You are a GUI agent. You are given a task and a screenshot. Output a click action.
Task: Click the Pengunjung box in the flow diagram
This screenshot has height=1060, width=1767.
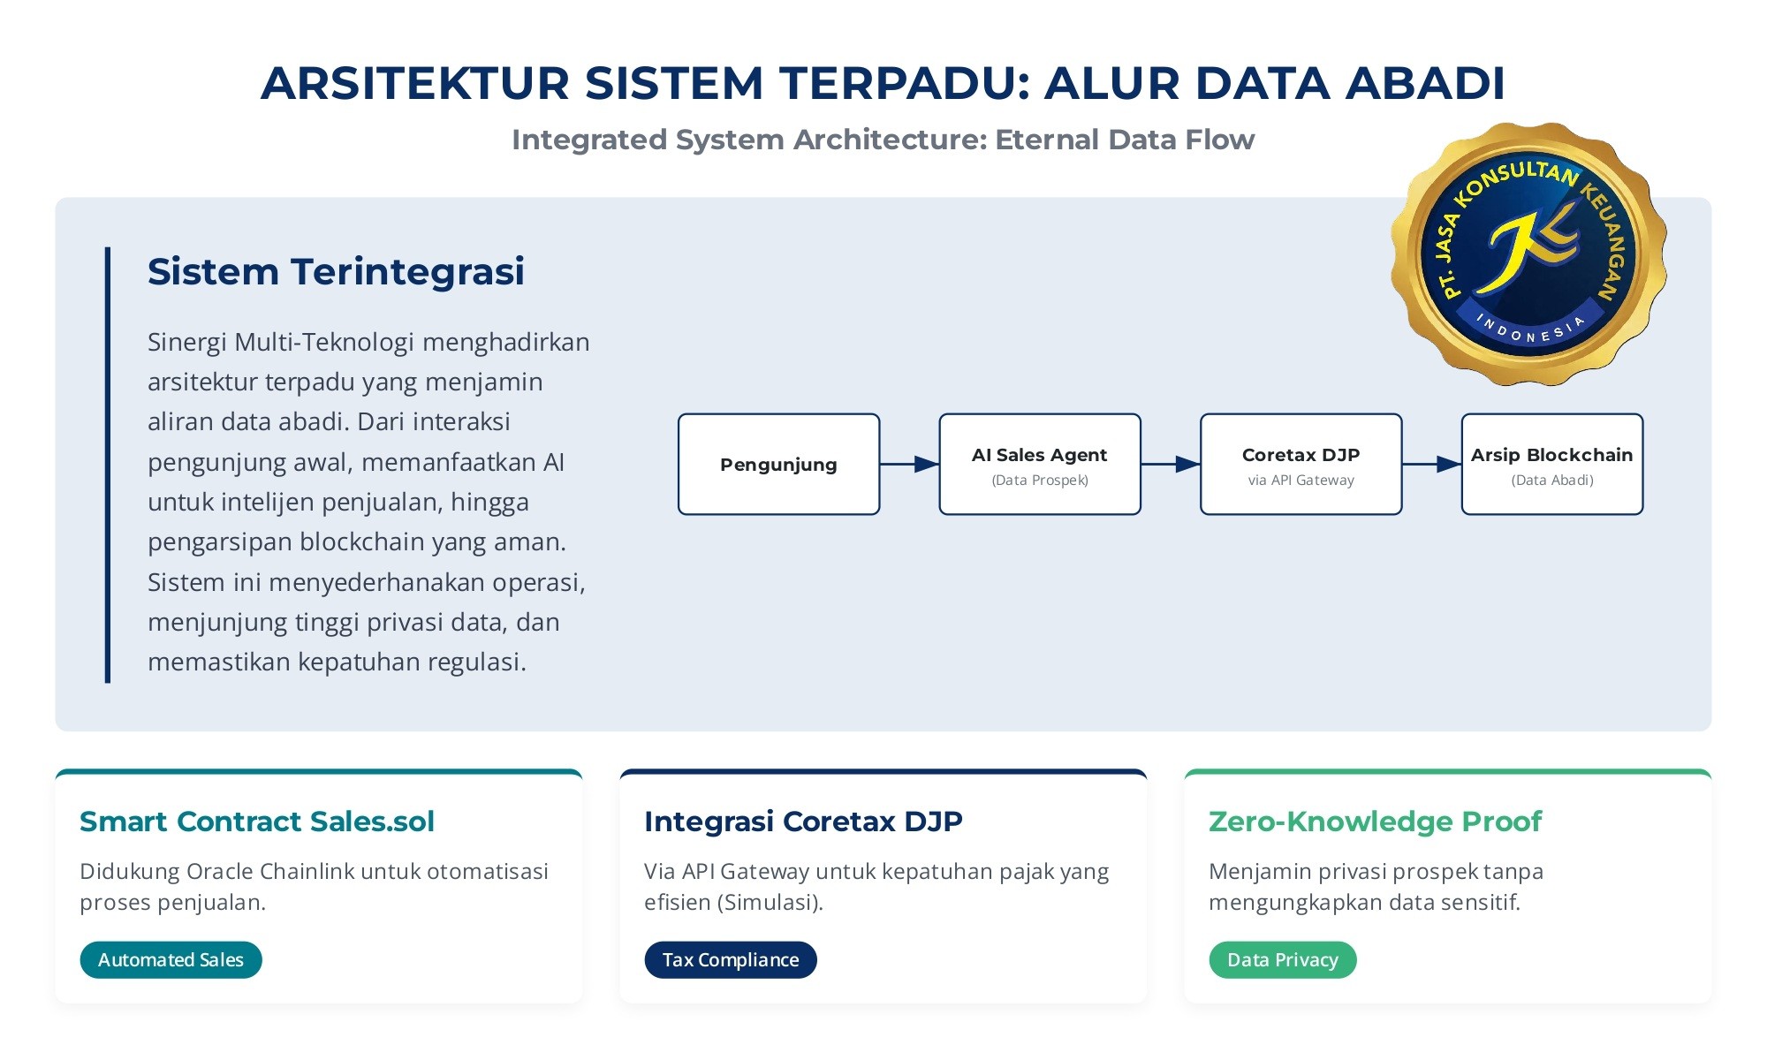coord(778,464)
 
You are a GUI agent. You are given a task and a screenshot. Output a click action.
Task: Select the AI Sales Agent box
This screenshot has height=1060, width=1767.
coord(1040,464)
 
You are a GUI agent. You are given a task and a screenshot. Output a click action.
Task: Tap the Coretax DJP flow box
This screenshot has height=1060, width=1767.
coord(1301,464)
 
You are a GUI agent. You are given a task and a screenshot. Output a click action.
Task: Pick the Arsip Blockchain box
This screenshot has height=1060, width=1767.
coord(1552,464)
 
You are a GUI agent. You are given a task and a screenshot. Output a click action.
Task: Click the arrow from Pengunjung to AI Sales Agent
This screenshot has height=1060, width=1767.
coord(909,464)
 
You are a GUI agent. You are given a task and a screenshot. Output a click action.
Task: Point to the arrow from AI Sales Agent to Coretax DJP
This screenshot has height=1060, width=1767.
coord(1171,464)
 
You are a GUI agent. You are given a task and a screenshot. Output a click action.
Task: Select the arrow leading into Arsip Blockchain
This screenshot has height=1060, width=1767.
coord(1431,464)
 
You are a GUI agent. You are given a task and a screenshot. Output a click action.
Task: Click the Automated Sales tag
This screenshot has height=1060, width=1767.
coord(171,959)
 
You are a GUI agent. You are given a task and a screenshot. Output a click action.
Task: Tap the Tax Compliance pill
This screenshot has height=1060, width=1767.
coord(731,959)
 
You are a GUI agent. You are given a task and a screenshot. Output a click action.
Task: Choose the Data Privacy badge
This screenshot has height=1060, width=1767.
coord(1282,959)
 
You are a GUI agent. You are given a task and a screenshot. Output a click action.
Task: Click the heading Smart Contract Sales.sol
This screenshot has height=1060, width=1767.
coord(257,821)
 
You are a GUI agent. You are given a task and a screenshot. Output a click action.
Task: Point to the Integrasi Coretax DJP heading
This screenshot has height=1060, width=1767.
coord(803,821)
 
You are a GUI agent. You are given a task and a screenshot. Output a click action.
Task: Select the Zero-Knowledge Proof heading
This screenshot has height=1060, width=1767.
coord(1375,821)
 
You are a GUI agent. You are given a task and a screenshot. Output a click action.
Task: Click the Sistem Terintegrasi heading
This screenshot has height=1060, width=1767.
coord(336,271)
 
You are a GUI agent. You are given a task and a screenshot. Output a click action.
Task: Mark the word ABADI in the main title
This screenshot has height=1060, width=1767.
coord(1425,83)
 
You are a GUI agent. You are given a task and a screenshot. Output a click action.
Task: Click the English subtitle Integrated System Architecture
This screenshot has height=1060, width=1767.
coord(883,140)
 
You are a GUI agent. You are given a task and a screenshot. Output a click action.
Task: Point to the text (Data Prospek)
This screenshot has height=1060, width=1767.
coord(1040,481)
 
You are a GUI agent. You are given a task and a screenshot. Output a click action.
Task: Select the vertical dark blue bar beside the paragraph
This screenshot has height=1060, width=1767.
coord(108,465)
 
